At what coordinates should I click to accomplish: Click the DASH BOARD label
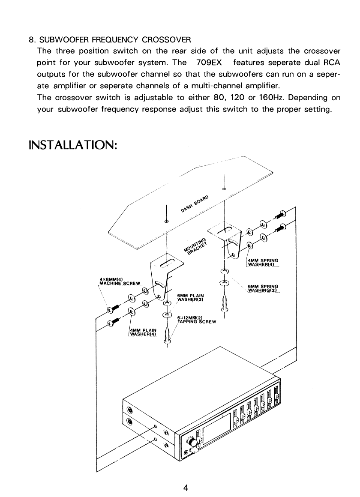point(195,204)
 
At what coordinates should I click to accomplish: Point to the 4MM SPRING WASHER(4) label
point(263,262)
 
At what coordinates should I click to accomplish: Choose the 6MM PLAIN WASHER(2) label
point(190,297)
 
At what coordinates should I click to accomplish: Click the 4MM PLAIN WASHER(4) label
point(143,332)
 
